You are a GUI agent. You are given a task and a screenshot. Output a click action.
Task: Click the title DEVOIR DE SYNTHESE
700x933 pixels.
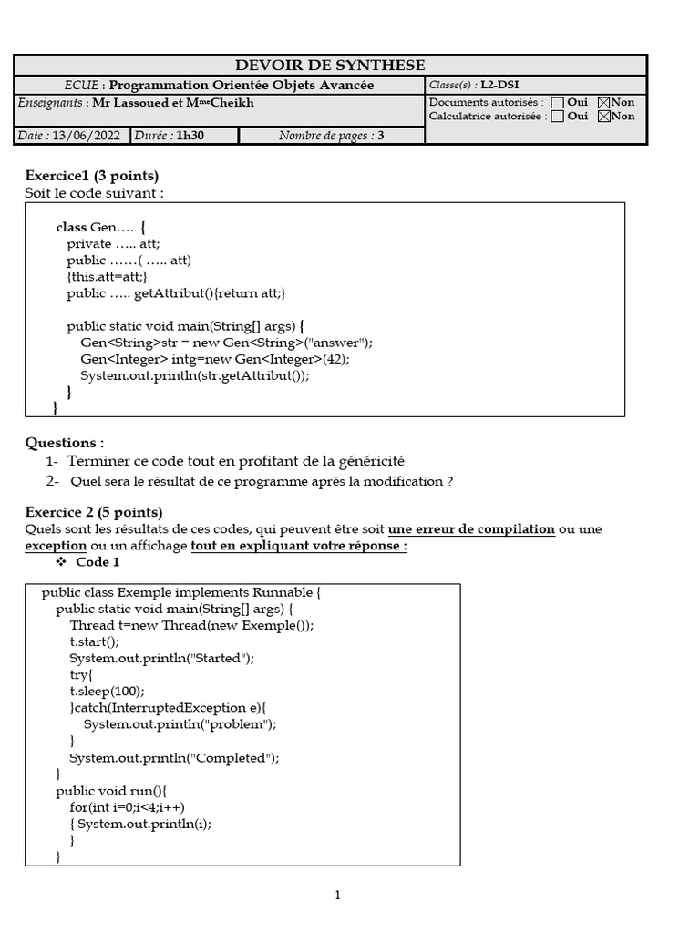330,65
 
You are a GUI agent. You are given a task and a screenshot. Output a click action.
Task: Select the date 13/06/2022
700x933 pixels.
86,136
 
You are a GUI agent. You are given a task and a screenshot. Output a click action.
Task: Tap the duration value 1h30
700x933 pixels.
190,136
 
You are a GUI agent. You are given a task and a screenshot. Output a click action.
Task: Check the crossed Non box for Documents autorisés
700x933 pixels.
603,103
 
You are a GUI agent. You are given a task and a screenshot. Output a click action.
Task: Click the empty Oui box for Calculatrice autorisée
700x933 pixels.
558,117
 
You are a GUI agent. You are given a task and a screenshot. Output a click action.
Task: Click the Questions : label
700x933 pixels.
65,443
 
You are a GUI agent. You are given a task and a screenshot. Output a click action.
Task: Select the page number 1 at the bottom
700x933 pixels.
337,896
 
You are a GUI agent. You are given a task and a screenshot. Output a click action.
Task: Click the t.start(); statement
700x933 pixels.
94,641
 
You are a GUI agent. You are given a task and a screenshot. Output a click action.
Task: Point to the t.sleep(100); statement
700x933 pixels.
107,692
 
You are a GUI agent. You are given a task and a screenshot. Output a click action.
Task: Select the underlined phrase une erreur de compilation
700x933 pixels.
471,529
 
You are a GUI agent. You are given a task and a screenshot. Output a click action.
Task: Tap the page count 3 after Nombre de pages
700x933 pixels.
380,136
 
